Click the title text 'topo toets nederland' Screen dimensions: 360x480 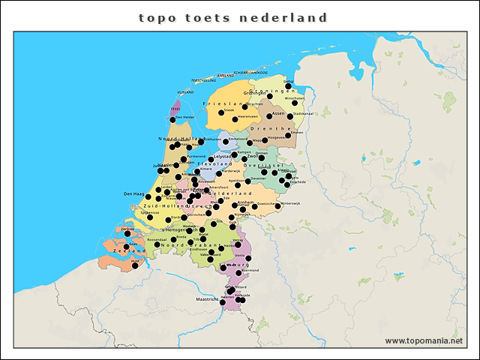233,17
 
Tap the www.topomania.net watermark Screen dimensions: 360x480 424,340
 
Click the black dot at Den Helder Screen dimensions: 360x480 172,119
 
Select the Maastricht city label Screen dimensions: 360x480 206,298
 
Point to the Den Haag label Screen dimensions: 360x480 133,193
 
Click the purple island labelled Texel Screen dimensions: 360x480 177,108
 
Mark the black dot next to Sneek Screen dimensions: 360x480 221,113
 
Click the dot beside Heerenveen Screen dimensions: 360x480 235,118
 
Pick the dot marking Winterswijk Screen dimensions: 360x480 278,205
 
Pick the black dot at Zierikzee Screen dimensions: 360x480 127,233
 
